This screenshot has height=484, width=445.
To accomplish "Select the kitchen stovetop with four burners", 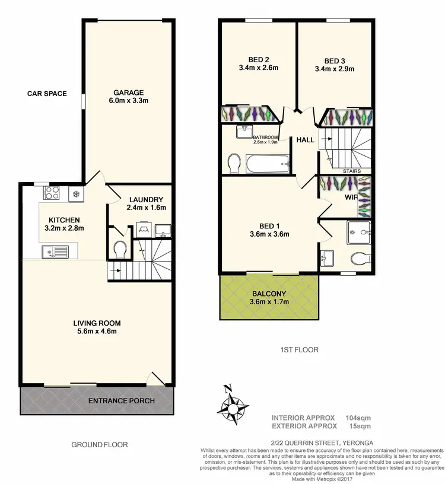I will pos(52,193).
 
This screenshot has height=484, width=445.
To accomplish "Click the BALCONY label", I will pos(269,292).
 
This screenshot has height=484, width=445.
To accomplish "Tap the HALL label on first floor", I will pos(305,140).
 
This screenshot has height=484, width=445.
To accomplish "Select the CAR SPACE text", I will pos(47,94).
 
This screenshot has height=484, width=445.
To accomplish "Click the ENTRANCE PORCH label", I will pos(121,401).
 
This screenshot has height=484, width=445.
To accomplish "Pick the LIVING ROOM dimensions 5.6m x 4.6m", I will pos(97,332).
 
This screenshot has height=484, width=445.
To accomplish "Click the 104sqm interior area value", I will pos(359,417).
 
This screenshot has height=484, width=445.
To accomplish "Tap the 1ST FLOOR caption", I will pos(300,350).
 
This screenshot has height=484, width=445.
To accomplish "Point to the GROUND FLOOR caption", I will pos(99,444).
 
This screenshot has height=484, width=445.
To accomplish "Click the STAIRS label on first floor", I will pos(352,171).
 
